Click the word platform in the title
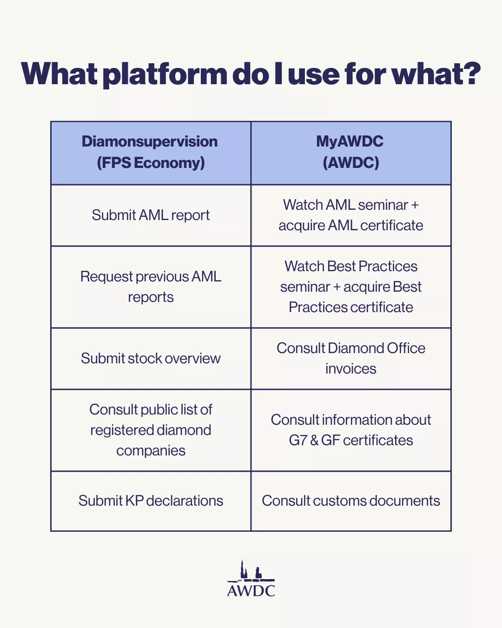click(165, 74)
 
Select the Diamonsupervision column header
click(151, 153)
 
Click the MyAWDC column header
click(351, 153)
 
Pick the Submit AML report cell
click(151, 215)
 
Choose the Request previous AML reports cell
click(151, 287)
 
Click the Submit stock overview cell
click(151, 358)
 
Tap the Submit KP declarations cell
click(151, 501)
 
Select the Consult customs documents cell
click(351, 501)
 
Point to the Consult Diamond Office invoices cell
click(351, 358)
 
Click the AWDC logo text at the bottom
click(251, 591)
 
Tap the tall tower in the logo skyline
click(242, 569)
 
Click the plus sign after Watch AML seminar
click(415, 205)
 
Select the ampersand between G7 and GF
click(314, 441)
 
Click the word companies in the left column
click(151, 451)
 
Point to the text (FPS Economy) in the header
click(151, 162)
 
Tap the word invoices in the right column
click(351, 369)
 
